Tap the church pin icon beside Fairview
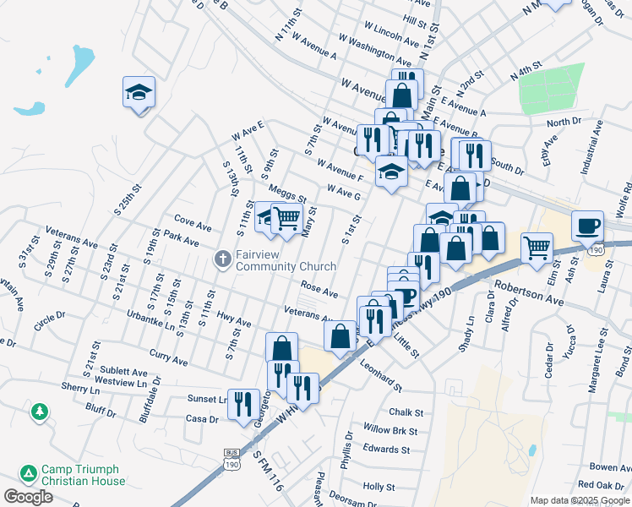(223, 259)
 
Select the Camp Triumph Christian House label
(82, 475)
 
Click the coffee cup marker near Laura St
(587, 226)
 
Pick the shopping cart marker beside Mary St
(286, 218)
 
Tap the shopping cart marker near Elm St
(537, 248)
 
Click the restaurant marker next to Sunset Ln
(243, 403)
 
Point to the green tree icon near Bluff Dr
(39, 412)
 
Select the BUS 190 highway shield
(232, 461)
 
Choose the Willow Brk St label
(390, 431)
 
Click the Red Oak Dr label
(600, 485)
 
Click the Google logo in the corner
(28, 497)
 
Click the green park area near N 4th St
(552, 88)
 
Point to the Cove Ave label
(192, 226)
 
